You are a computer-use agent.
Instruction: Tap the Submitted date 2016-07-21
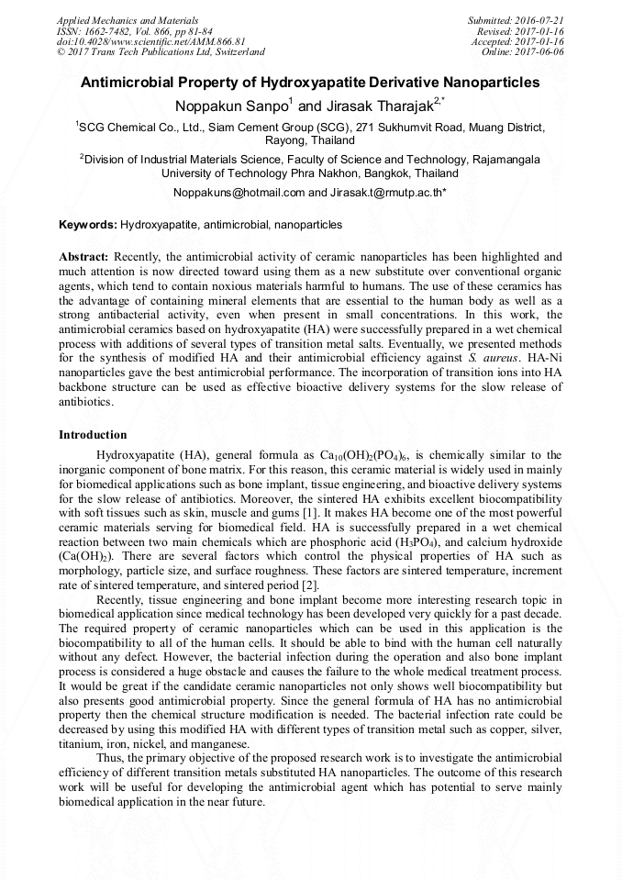click(539, 19)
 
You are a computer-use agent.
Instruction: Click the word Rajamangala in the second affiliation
click(502, 159)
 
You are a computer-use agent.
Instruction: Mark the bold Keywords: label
click(88, 225)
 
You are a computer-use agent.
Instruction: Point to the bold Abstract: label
click(83, 257)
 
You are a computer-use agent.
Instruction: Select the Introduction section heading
click(93, 434)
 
